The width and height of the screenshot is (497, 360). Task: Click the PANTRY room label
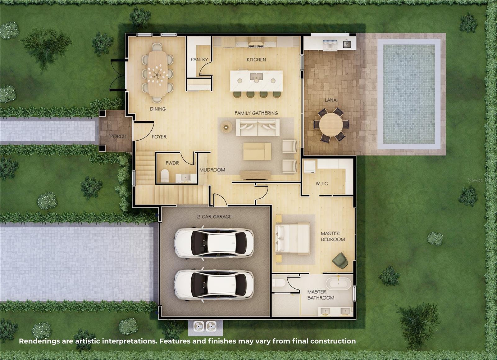click(x=199, y=59)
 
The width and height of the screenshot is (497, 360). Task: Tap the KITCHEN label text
click(x=256, y=60)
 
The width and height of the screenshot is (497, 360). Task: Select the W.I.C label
click(x=321, y=183)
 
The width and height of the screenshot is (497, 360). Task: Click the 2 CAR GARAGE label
click(x=214, y=217)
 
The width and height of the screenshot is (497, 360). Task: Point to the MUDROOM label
click(x=212, y=170)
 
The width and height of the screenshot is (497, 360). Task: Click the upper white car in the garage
click(x=214, y=243)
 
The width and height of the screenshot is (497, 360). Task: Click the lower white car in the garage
click(x=214, y=285)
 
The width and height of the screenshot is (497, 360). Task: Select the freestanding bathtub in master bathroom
click(x=338, y=284)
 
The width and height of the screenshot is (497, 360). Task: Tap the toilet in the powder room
click(x=165, y=176)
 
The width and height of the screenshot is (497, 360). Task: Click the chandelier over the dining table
click(x=157, y=74)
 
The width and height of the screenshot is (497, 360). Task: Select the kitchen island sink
click(x=256, y=76)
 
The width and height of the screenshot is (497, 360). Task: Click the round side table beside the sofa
click(x=226, y=127)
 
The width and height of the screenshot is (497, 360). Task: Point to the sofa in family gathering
click(x=258, y=127)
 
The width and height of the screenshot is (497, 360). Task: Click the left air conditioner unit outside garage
click(x=199, y=326)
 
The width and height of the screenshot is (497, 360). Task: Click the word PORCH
click(x=118, y=136)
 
